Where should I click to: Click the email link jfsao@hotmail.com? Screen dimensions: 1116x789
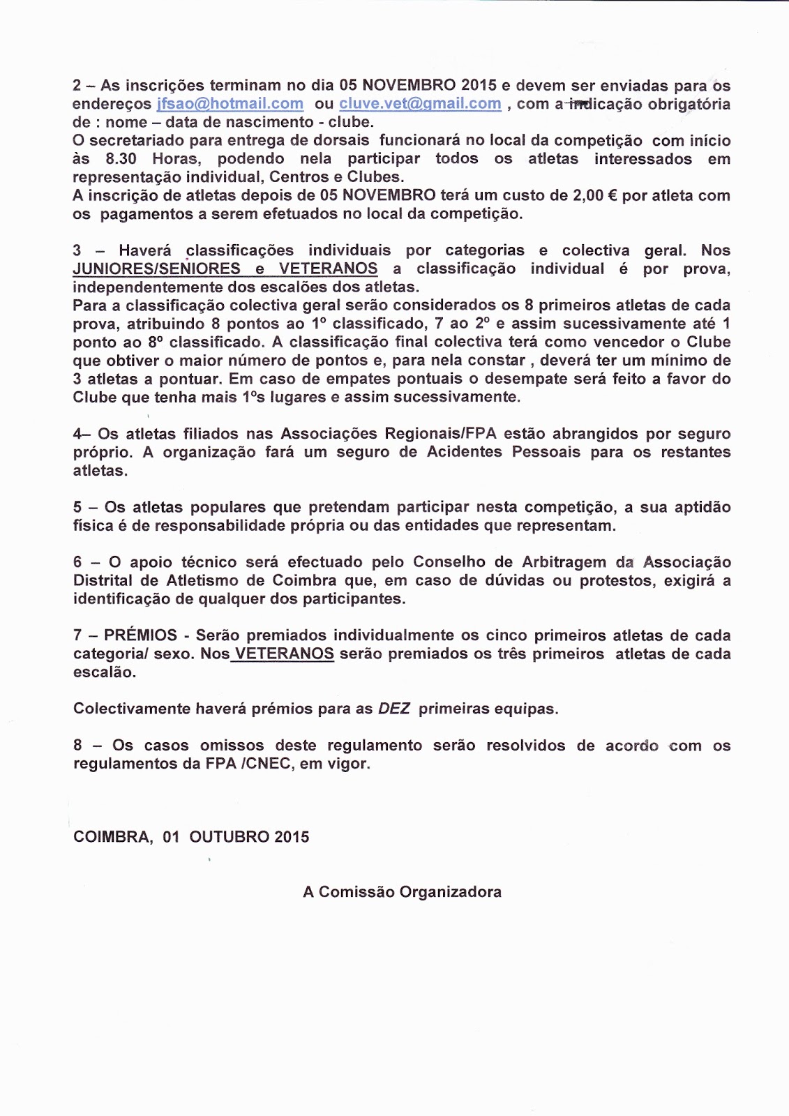230,104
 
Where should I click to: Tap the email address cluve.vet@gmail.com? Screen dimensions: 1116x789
420,104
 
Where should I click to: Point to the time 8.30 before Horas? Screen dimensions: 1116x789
121,159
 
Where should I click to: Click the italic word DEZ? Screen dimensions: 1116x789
394,709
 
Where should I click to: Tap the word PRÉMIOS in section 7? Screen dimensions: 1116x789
140,635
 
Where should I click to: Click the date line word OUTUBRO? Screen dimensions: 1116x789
229,837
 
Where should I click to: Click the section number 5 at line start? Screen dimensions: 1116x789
77,507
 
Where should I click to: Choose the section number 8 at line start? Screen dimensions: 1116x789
77,746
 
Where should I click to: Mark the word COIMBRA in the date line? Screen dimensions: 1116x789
113,837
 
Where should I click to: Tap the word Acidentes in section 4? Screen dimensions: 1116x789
465,452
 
